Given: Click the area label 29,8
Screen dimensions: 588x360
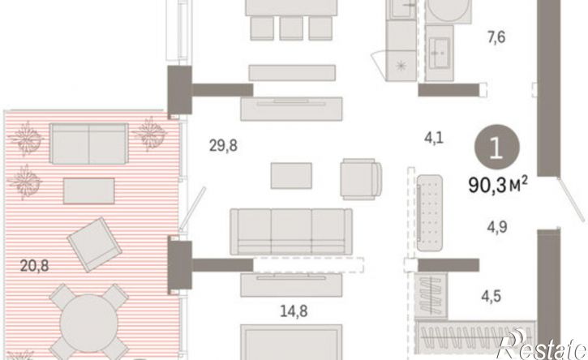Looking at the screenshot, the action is (x=223, y=145).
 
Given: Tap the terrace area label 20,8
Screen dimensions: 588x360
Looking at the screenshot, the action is (x=35, y=266).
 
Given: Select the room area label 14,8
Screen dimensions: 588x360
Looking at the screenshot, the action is (x=294, y=311).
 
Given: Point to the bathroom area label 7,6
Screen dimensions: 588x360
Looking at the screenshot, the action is (x=496, y=37).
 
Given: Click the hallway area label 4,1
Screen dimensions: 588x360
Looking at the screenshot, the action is (x=434, y=138).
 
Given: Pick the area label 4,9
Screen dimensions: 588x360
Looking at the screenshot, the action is (x=497, y=227).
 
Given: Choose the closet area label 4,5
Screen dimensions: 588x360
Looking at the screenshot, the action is (x=491, y=296).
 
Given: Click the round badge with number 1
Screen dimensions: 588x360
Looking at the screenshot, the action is (x=497, y=147).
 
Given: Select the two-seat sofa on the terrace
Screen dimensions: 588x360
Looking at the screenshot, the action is (x=88, y=144).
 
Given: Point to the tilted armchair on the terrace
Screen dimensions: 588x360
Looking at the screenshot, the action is (x=94, y=244).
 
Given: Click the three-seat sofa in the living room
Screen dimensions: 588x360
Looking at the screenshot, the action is (x=291, y=231).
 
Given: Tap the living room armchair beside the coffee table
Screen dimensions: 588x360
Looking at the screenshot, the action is (x=361, y=178).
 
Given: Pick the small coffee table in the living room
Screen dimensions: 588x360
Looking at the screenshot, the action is (x=291, y=175).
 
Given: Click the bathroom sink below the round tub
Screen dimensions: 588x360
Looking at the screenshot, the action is (x=440, y=53).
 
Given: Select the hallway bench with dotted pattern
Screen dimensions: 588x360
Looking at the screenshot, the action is (x=430, y=212).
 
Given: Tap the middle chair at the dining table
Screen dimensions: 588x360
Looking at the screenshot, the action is (x=291, y=28).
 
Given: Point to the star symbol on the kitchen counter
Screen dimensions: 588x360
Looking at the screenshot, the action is (x=401, y=66).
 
